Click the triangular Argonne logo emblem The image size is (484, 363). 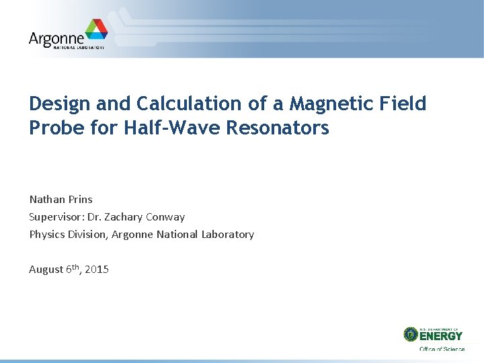click(96, 30)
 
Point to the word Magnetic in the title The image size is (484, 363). click(321, 104)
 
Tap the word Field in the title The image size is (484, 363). click(401, 104)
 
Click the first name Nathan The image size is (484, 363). click(46, 200)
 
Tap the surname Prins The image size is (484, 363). click(80, 200)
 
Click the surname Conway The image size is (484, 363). click(166, 217)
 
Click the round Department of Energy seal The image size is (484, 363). click(411, 334)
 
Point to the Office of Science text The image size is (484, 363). click(442, 349)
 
